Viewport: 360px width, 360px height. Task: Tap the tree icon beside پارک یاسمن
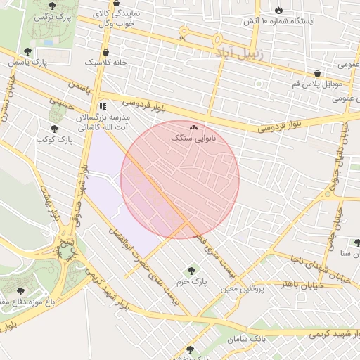[27, 51]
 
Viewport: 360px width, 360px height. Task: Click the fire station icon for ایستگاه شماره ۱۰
[279, 11]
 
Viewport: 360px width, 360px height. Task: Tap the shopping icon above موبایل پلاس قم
[318, 73]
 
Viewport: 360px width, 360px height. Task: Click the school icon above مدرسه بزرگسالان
[103, 107]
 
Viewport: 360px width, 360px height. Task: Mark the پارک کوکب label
[55, 140]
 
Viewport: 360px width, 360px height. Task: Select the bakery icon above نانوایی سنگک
[193, 128]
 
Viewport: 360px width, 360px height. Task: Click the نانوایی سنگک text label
[193, 139]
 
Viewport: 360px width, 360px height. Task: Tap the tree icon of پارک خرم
[191, 271]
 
